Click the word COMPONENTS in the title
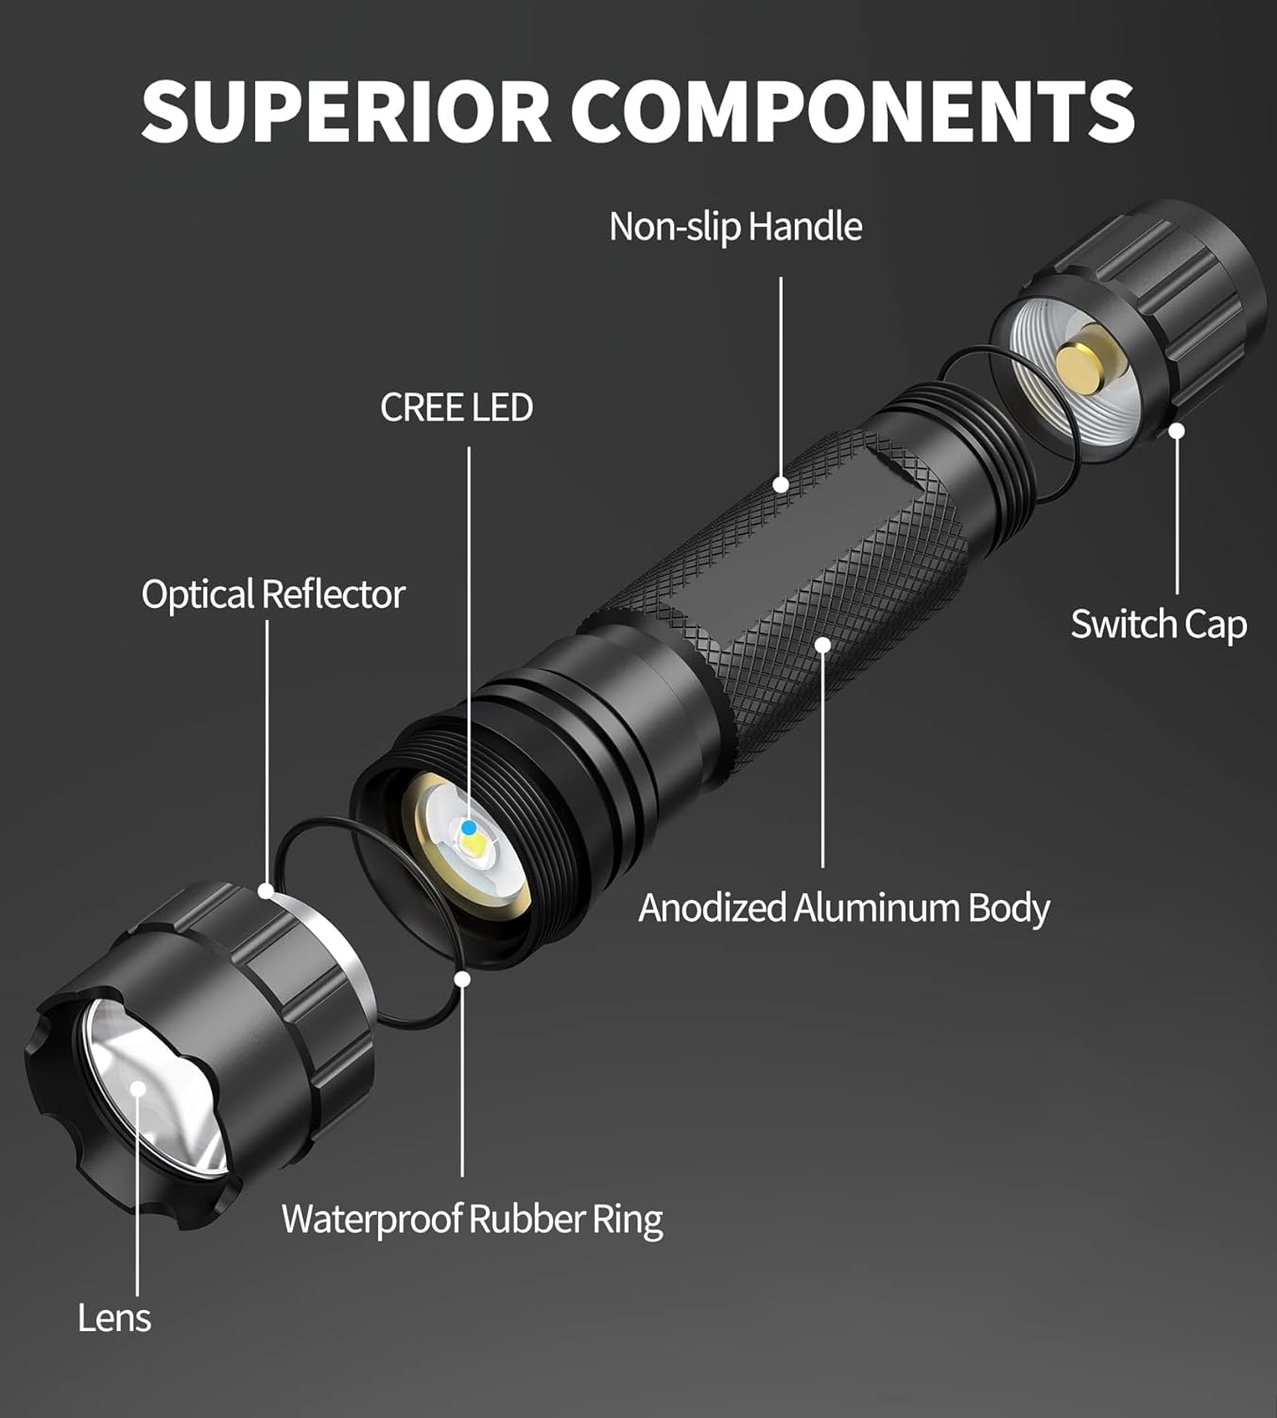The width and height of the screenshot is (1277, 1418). coord(852,111)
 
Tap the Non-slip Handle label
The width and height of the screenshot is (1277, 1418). coord(735,227)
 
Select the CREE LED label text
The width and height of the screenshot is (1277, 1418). coord(457,407)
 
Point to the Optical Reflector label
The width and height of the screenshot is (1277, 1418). coord(273,595)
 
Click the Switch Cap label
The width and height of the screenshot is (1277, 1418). coord(1158,625)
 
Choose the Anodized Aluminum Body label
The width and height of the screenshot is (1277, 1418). coord(844,908)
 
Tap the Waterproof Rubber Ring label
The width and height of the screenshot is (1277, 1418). coord(472,1219)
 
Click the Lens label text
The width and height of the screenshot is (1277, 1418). coord(114,1318)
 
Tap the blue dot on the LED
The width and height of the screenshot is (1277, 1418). coord(469,827)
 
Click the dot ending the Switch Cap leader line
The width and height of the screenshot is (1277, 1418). coord(1177,431)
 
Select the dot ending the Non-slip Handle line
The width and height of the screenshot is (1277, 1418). coord(781,485)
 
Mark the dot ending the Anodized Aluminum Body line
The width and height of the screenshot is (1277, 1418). coord(822,645)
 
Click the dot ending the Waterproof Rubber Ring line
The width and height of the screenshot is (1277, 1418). coord(462,978)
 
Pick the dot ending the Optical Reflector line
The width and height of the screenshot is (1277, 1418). coord(267,891)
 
